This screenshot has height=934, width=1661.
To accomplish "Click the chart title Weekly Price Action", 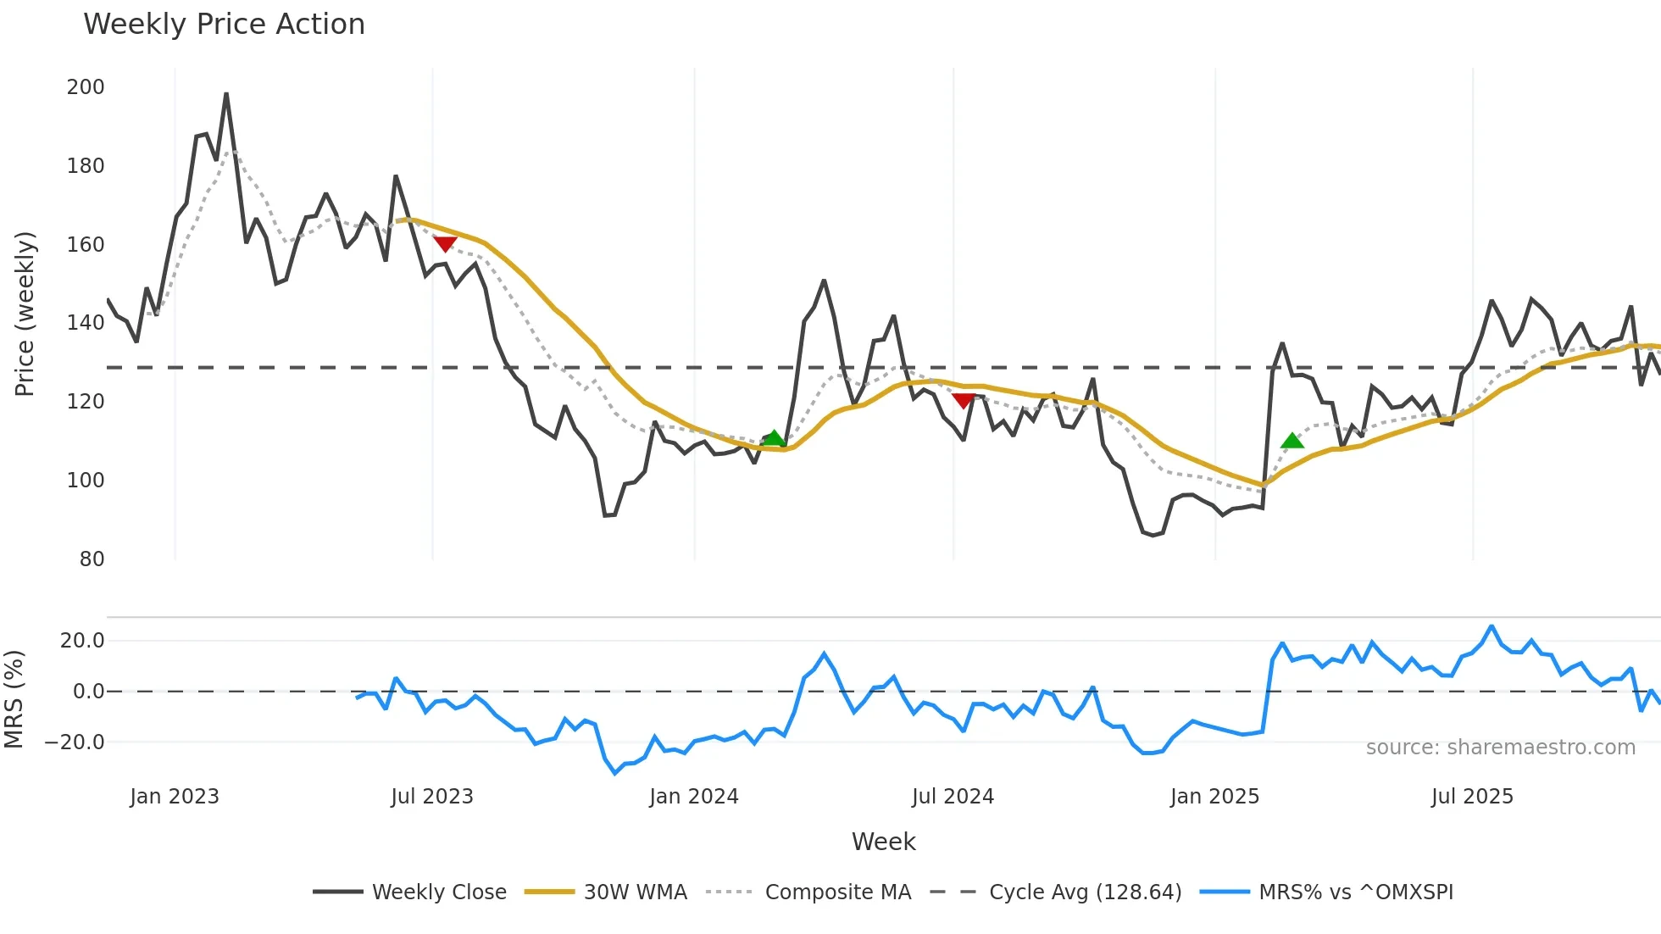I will pyautogui.click(x=224, y=24).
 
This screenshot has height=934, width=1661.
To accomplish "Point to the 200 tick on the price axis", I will pyautogui.click(x=86, y=87).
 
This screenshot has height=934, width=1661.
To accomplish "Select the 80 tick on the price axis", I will pyautogui.click(x=92, y=559).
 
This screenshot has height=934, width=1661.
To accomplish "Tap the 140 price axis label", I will pyautogui.click(x=86, y=323).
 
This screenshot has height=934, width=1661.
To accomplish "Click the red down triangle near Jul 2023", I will pyautogui.click(x=445, y=244).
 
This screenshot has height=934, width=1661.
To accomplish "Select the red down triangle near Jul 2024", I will pyautogui.click(x=963, y=400).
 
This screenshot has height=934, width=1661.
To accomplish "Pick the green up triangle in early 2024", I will pyautogui.click(x=774, y=438).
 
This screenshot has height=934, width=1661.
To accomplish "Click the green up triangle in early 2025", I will pyautogui.click(x=1292, y=440).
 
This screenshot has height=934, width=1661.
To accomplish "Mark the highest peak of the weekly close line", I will pyautogui.click(x=226, y=94).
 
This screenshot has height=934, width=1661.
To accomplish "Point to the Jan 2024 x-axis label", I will pyautogui.click(x=694, y=797).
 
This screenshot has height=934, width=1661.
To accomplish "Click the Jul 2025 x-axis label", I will pyautogui.click(x=1472, y=797).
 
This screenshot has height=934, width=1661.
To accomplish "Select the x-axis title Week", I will pyautogui.click(x=883, y=842).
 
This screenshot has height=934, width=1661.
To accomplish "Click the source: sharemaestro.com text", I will pyautogui.click(x=1500, y=748).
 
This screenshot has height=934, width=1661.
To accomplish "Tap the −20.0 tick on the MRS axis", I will pyautogui.click(x=75, y=742).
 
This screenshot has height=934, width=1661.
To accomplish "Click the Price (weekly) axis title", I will pyautogui.click(x=25, y=314).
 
